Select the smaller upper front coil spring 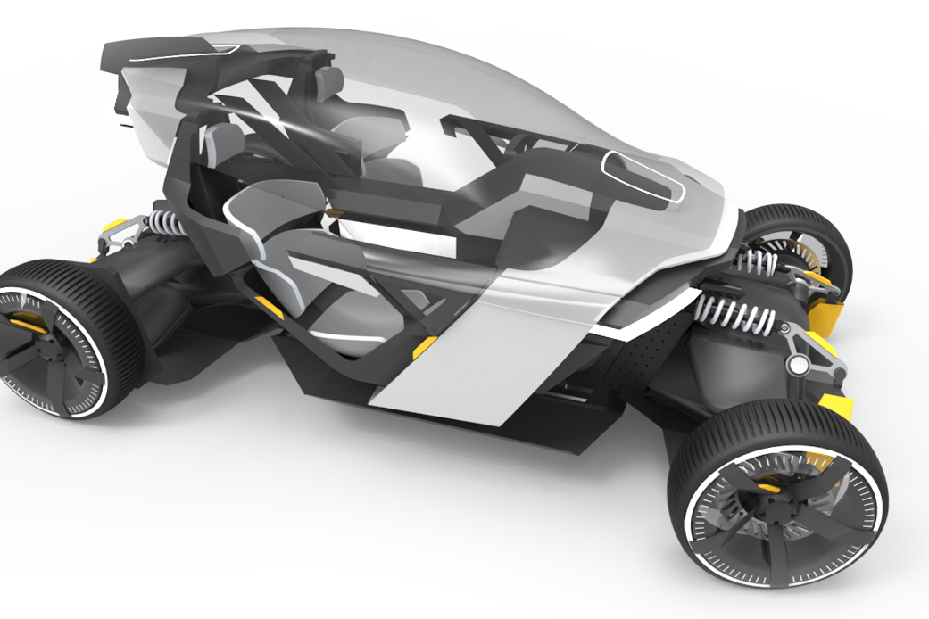tap(759, 262)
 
